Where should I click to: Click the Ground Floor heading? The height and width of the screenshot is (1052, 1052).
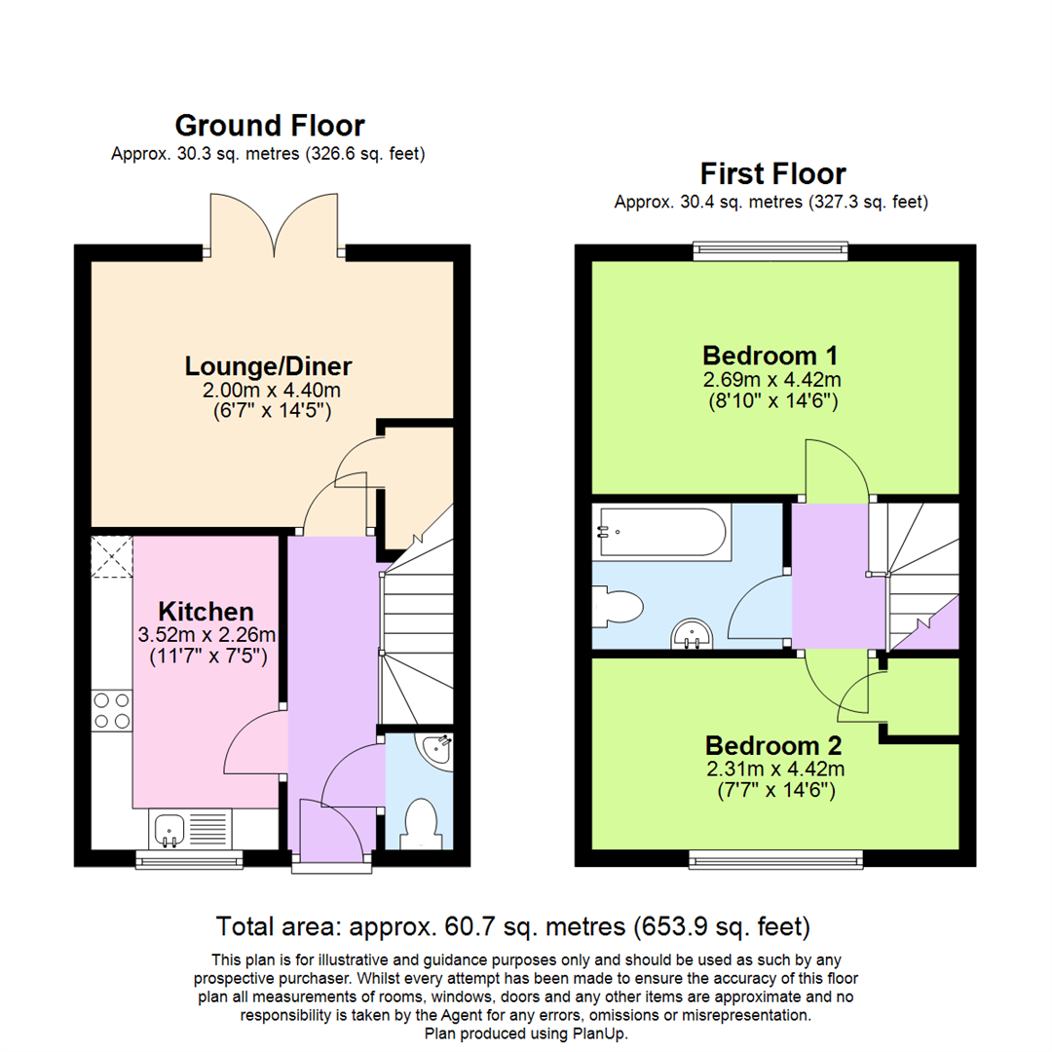[x=270, y=126]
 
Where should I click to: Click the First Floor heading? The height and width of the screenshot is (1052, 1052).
[x=772, y=174]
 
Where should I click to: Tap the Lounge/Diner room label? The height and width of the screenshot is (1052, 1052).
[x=268, y=366]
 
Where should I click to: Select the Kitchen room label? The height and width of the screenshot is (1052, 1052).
[x=207, y=612]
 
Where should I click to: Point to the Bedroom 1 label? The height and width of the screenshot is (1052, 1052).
[x=770, y=354]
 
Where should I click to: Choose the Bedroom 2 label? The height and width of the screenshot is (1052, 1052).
[x=773, y=745]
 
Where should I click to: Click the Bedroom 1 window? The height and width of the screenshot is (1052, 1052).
[x=771, y=252]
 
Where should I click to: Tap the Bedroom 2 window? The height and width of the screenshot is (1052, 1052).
[x=776, y=858]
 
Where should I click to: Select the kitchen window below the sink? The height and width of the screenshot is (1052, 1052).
[x=189, y=858]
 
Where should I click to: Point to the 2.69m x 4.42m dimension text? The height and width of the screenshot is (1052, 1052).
[x=771, y=378]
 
